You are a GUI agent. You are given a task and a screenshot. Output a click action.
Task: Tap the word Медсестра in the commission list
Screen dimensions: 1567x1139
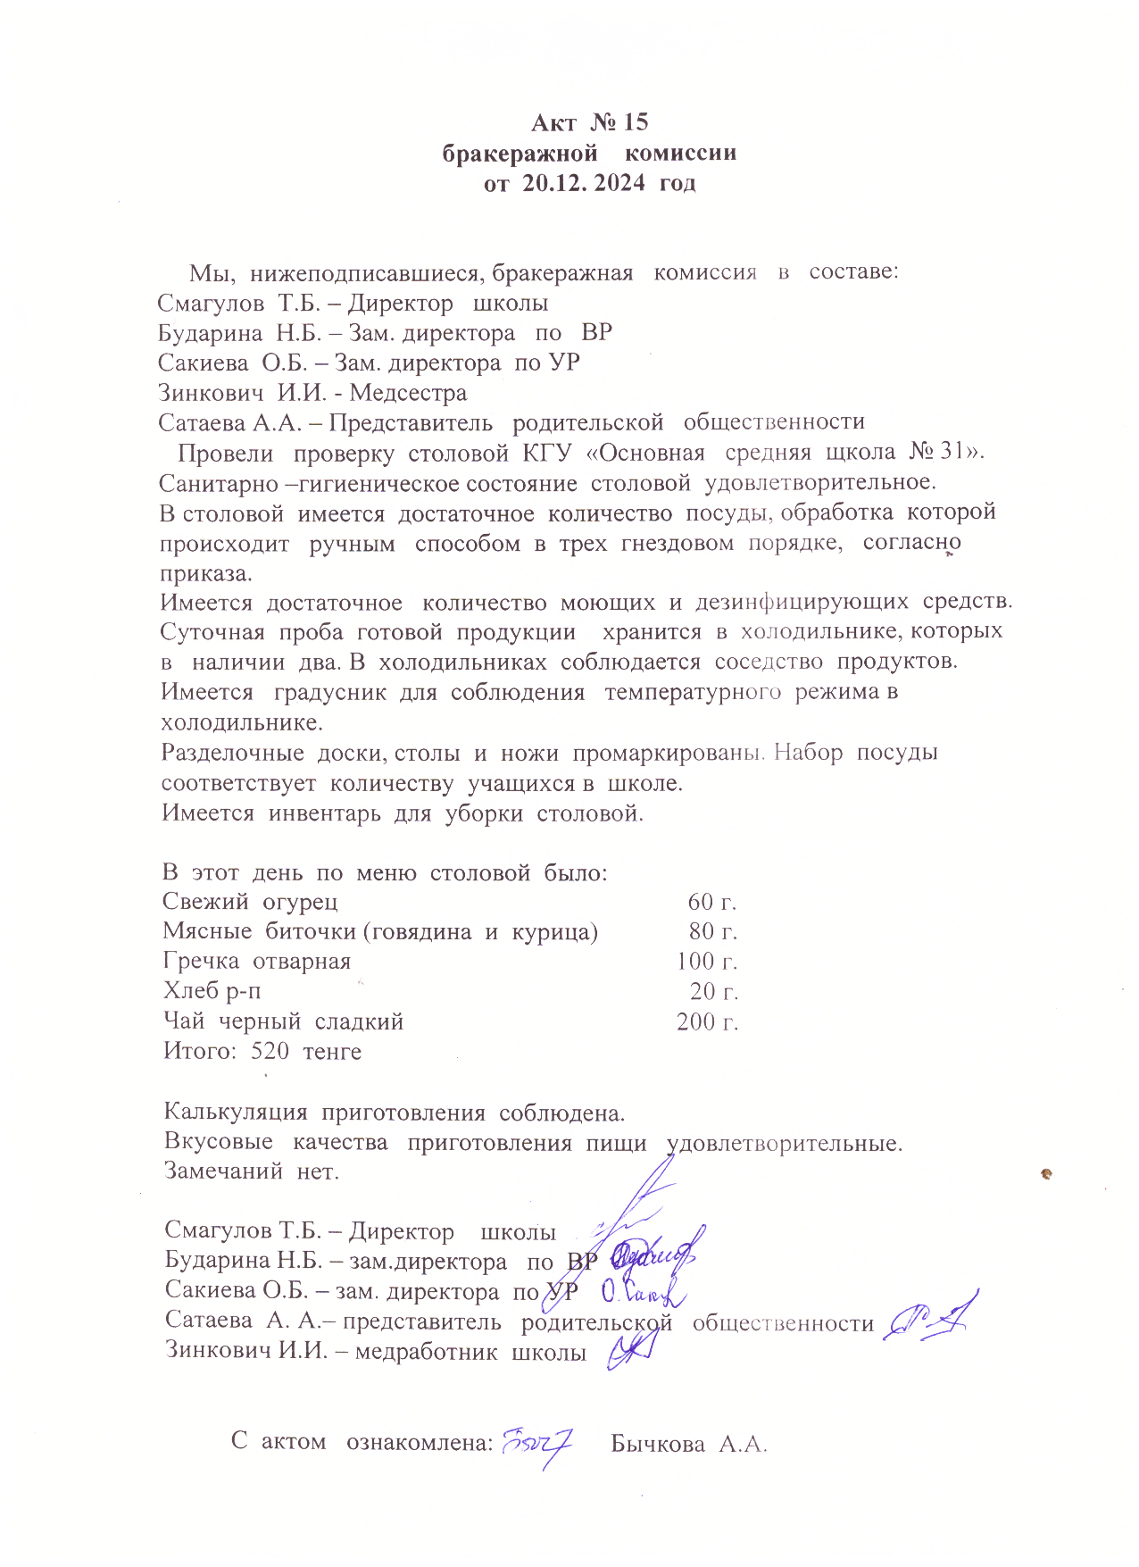pos(408,392)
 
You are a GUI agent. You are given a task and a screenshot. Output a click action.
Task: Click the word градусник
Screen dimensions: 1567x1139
pos(329,692)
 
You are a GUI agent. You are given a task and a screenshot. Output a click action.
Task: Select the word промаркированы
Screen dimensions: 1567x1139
pos(669,753)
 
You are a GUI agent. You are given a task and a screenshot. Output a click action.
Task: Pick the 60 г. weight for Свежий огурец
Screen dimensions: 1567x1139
pos(711,902)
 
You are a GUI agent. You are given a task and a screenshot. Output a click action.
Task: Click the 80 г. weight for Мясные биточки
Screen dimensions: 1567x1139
pos(712,931)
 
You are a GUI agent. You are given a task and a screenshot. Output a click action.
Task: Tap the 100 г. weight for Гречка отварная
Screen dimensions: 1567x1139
pos(706,962)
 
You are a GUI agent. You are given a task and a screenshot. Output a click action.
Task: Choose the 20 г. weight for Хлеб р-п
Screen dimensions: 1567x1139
pos(713,991)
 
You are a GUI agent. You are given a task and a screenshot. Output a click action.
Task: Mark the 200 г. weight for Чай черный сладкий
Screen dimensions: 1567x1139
pos(707,1021)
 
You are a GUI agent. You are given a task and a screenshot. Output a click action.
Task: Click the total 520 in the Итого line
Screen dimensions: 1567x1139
pos(270,1051)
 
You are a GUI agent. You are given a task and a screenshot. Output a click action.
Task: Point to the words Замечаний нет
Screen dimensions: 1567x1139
pos(252,1171)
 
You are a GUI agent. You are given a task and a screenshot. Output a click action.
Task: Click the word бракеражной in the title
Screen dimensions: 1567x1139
pos(520,153)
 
